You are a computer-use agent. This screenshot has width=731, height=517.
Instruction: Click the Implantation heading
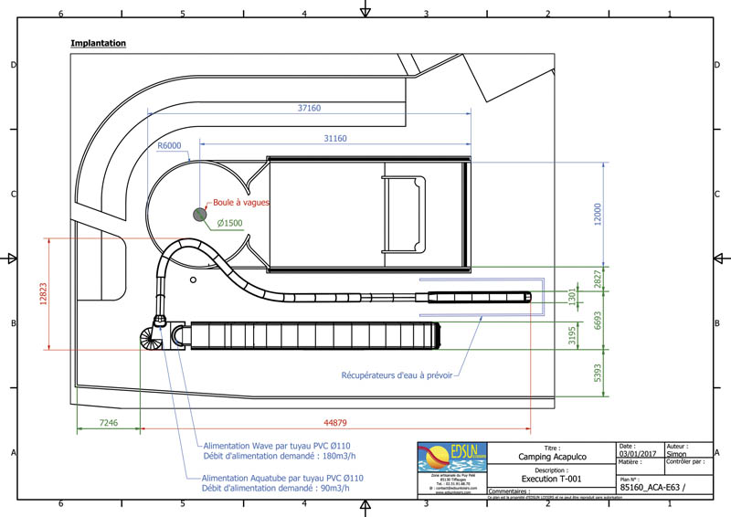98,43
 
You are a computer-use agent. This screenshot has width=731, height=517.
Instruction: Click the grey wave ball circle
199,214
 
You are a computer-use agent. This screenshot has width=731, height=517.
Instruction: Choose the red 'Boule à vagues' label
241,203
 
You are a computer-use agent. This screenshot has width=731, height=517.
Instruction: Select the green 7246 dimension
108,423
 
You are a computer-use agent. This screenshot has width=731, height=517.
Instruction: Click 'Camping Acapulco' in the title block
552,457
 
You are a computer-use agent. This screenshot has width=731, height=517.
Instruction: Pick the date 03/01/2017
637,453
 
